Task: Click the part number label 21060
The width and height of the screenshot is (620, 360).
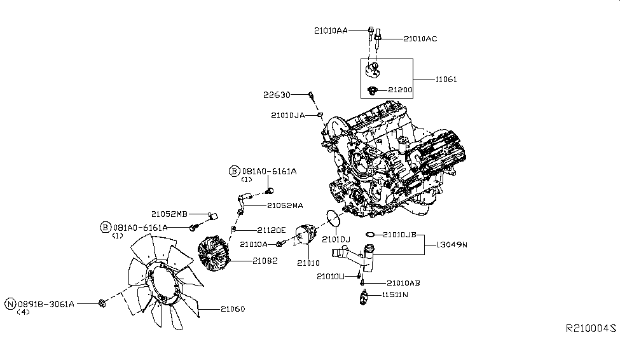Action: pyautogui.click(x=233, y=309)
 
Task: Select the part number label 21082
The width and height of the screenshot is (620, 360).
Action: pyautogui.click(x=265, y=261)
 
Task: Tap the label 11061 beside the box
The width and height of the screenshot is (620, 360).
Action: pyautogui.click(x=446, y=80)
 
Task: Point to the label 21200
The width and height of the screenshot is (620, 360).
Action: pyautogui.click(x=400, y=90)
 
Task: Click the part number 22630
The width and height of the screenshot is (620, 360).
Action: pyautogui.click(x=277, y=95)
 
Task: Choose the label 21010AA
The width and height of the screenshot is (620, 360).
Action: pyautogui.click(x=330, y=30)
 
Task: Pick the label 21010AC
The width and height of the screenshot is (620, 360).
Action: pyautogui.click(x=420, y=39)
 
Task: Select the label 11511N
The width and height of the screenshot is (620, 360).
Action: pyautogui.click(x=395, y=295)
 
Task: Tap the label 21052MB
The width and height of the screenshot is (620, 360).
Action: pyautogui.click(x=169, y=214)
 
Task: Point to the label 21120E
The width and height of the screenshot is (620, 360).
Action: pyautogui.click(x=272, y=230)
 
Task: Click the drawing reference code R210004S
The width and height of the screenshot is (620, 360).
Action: pyautogui.click(x=591, y=329)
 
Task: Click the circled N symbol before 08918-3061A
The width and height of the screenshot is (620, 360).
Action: pyautogui.click(x=10, y=304)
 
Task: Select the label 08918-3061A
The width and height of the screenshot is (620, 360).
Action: pyautogui.click(x=45, y=304)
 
